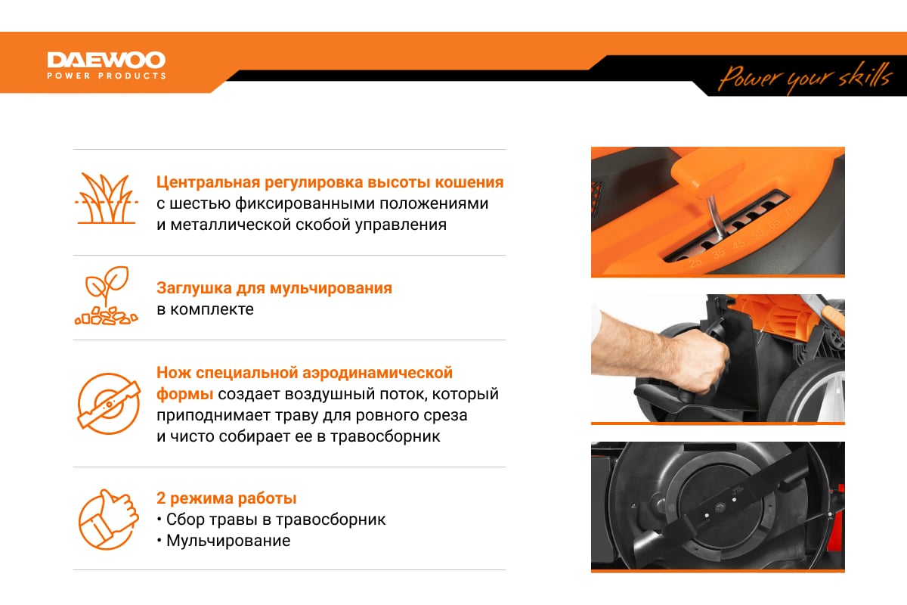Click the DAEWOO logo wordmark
[107, 60]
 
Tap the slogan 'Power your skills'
[804, 78]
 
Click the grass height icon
[107, 198]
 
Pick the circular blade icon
[110, 404]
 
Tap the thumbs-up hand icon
[109, 519]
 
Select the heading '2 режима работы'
[226, 498]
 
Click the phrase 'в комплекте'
[205, 309]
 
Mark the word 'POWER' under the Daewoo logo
[63, 76]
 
